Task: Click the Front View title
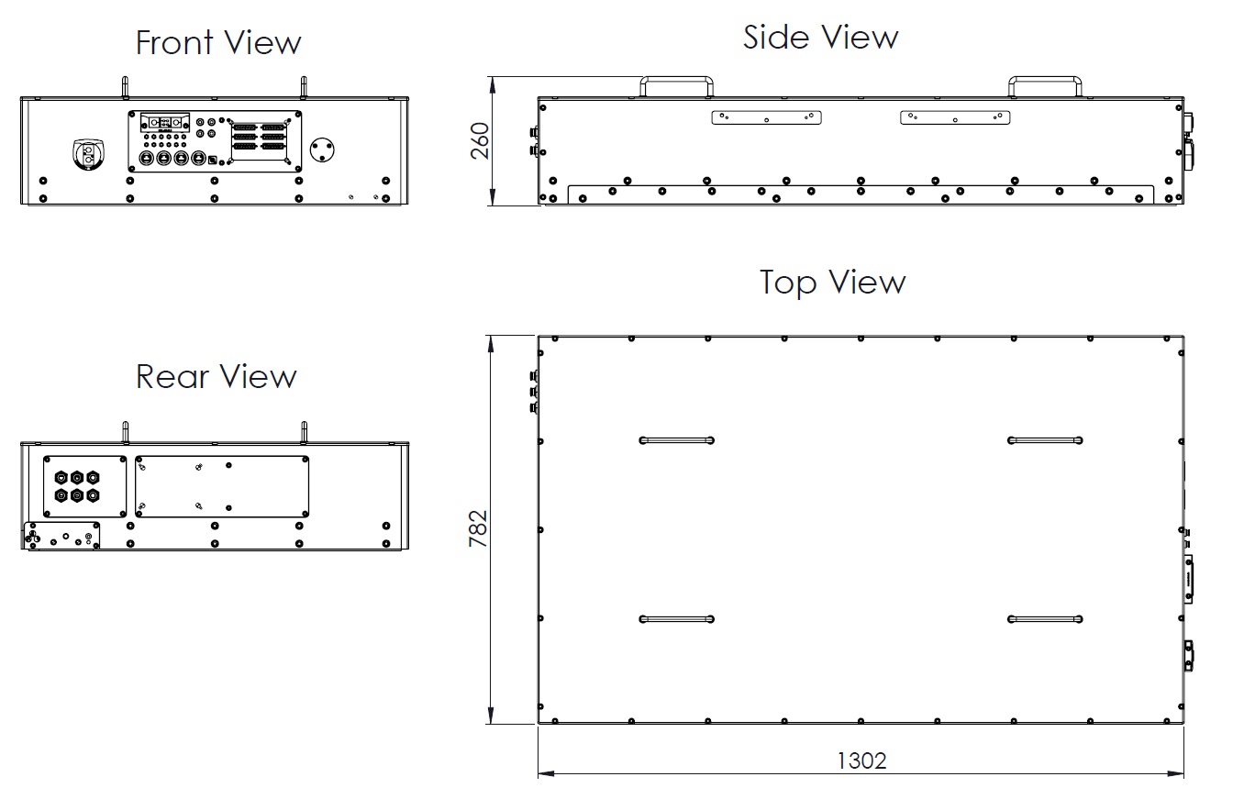pos(218,43)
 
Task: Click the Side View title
pos(820,38)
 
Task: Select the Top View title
pos(832,282)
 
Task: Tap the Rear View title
pos(216,376)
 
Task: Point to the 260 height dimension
pos(480,141)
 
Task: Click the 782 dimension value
pos(478,528)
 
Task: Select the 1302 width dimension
pos(861,760)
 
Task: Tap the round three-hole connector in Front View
pos(322,150)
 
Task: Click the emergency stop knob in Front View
pos(88,154)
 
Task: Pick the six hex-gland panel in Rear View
pos(85,486)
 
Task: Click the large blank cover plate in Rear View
pos(222,486)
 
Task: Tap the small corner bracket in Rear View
pos(61,536)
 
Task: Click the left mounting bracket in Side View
pos(766,117)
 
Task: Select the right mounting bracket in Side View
pos(955,117)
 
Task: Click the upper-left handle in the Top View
pos(676,440)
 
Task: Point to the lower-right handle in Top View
pos(1045,619)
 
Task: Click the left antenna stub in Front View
pos(125,87)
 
